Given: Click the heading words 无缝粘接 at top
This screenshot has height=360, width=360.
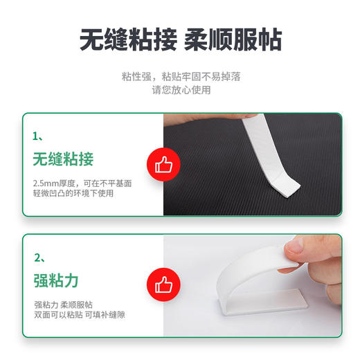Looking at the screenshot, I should pyautogui.click(x=129, y=40).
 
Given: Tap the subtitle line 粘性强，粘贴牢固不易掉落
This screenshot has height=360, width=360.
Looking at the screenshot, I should pyautogui.click(x=181, y=76).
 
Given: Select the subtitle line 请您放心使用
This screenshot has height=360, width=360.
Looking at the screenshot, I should pyautogui.click(x=181, y=89).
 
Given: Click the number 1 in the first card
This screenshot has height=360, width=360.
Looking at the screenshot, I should pyautogui.click(x=36, y=136).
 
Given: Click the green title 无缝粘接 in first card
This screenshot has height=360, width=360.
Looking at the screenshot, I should pyautogui.click(x=63, y=160).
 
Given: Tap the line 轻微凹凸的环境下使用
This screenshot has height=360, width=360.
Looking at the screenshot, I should pyautogui.click(x=73, y=194).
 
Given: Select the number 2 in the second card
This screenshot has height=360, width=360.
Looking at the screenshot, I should pyautogui.click(x=37, y=258).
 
